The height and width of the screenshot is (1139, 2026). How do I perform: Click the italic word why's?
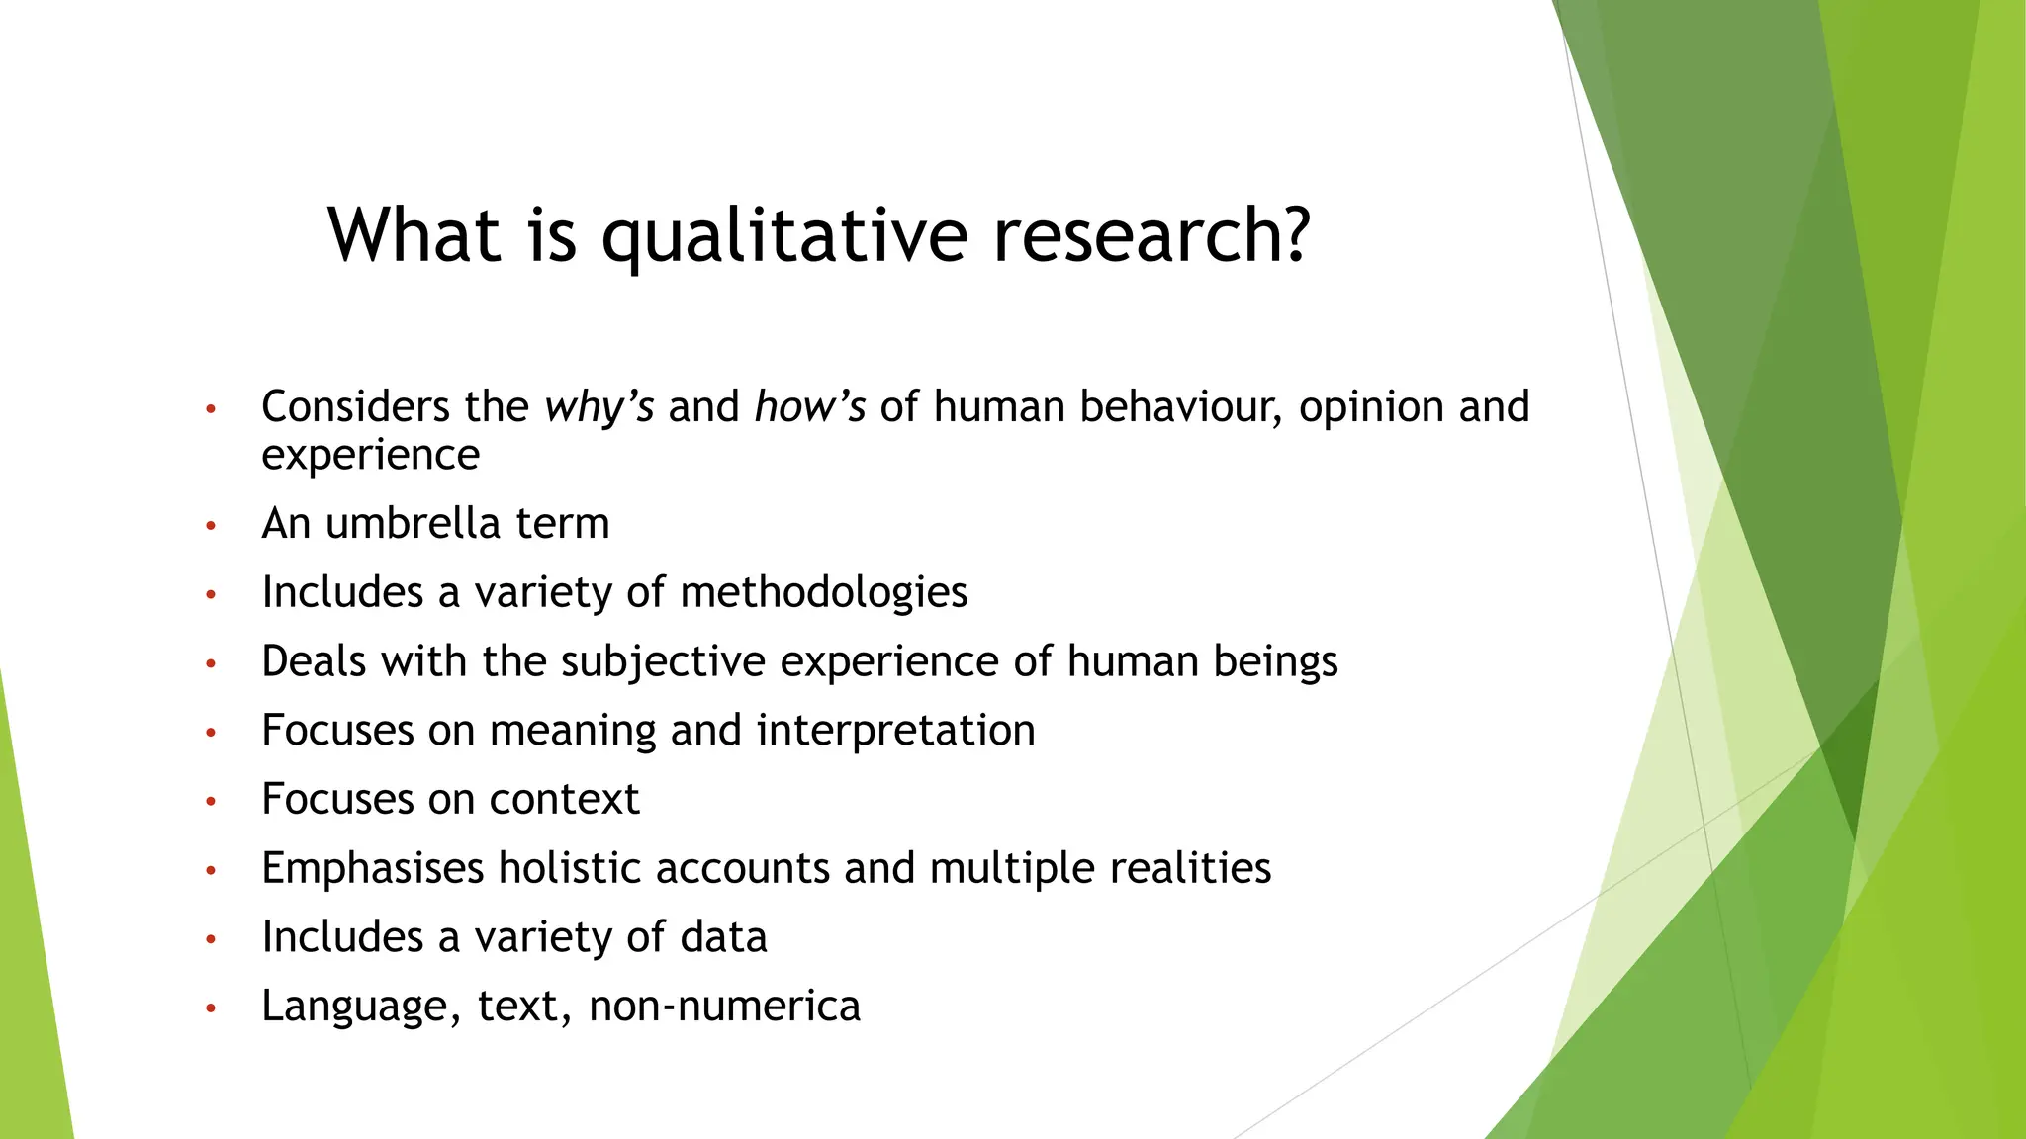(599, 407)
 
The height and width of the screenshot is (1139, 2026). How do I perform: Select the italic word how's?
(810, 407)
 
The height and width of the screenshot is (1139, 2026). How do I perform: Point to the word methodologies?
(823, 592)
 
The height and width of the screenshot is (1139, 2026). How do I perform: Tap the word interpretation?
(895, 730)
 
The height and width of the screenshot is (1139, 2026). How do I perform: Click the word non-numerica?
(724, 1006)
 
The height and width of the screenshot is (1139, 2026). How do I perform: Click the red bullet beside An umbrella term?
(211, 526)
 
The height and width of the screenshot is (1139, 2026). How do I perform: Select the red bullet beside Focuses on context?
(211, 802)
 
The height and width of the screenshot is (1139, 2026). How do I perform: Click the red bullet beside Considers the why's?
(211, 409)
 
